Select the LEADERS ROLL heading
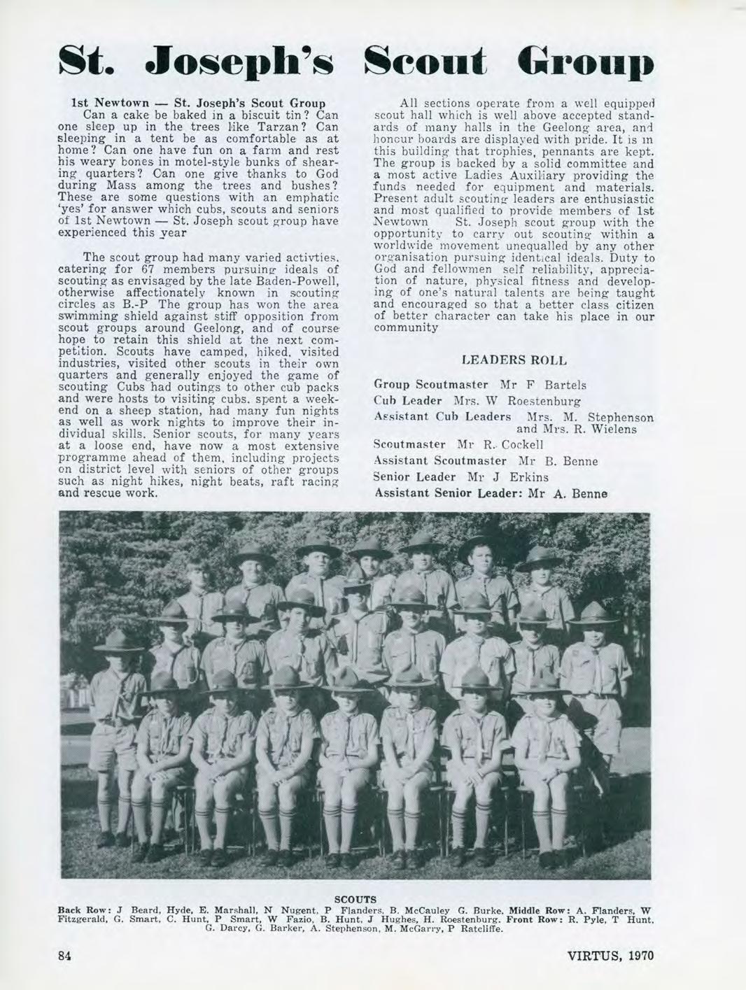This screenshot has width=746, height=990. [514, 360]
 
